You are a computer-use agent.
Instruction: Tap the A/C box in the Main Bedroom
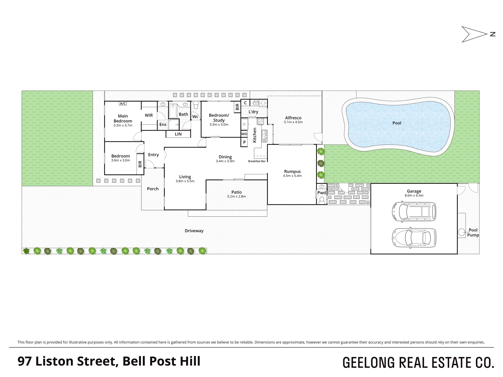tap(123, 104)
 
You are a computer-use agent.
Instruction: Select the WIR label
tap(149, 115)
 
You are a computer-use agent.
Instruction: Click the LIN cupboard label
tap(178, 134)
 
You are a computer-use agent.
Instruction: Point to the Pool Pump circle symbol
tap(462, 232)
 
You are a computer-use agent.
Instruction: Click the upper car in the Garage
tap(414, 212)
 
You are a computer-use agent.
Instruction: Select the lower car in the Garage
tap(414, 238)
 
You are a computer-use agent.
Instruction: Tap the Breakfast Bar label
tap(257, 161)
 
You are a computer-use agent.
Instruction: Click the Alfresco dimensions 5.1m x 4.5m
tap(293, 122)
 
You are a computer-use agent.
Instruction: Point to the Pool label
tap(397, 123)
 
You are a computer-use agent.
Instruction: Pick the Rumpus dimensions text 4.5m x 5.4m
tap(292, 176)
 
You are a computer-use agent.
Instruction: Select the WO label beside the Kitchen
tap(244, 134)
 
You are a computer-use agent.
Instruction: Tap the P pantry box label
tap(244, 142)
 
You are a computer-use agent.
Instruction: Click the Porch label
tap(153, 189)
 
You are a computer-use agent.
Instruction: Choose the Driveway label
tap(194, 231)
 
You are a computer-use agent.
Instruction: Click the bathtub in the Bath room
tap(173, 111)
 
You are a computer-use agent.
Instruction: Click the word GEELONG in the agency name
tap(369, 362)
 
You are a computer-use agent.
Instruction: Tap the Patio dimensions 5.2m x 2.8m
tap(236, 197)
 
